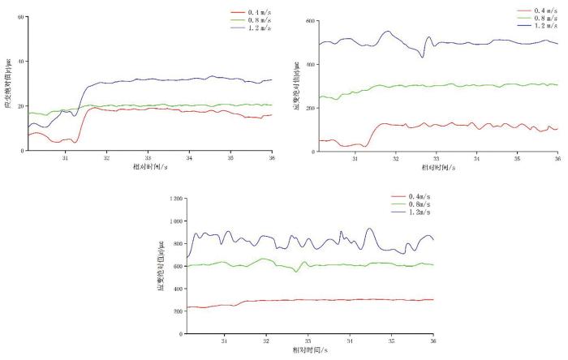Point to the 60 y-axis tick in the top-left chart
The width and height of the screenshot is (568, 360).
(19, 17)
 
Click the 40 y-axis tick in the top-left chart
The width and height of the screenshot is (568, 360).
(19, 62)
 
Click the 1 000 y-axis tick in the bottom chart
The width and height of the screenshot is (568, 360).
(175, 221)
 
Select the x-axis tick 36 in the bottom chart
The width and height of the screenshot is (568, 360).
(433, 341)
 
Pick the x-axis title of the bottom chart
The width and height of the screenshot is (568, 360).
(310, 350)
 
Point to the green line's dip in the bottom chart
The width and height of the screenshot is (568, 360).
(296, 271)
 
